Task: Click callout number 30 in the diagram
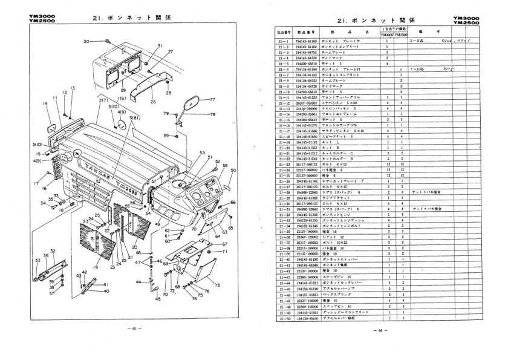[86, 41]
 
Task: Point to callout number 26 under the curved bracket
[153, 102]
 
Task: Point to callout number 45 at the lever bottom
[158, 298]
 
